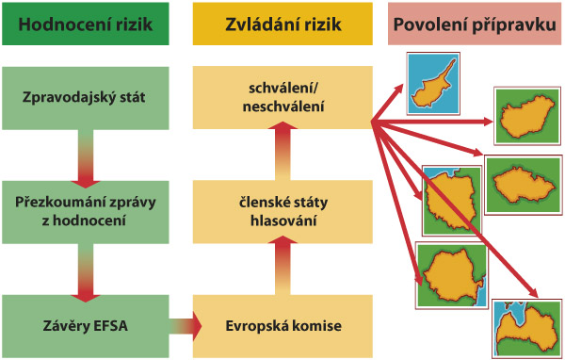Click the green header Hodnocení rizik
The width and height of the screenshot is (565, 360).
pos(87,24)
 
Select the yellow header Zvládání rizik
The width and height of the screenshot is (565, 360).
pos(279,24)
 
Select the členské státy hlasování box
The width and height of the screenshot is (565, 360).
pos(279,212)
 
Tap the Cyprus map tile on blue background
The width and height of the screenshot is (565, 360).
pos(432,80)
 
